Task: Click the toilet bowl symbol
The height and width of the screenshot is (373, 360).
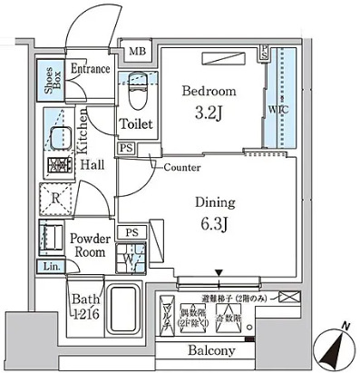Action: (x=136, y=93)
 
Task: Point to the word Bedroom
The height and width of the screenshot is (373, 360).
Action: (x=209, y=92)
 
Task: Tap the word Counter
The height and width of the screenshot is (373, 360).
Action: (x=182, y=167)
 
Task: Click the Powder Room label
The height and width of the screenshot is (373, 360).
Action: (x=91, y=246)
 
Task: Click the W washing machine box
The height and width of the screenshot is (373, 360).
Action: (x=132, y=256)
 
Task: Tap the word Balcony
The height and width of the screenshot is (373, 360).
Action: (x=211, y=351)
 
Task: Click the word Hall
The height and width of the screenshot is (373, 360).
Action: (x=91, y=167)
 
